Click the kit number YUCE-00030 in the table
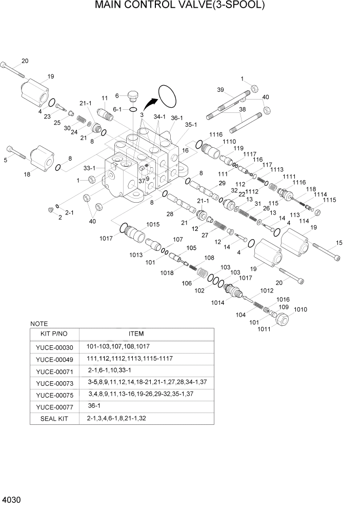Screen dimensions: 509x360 55,347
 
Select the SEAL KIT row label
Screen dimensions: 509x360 55,418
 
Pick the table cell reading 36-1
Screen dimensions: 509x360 94,405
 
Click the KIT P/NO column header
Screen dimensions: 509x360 55,334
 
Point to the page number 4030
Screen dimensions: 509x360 11,499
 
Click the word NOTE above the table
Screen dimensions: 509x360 39,324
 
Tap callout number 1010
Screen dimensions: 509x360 301,309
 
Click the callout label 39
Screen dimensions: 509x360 221,90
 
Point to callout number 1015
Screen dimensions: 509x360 153,224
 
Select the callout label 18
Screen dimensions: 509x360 27,174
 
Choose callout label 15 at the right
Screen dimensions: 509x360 338,243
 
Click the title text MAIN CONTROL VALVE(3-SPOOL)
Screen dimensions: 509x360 179,6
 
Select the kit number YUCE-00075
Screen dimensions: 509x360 55,394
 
